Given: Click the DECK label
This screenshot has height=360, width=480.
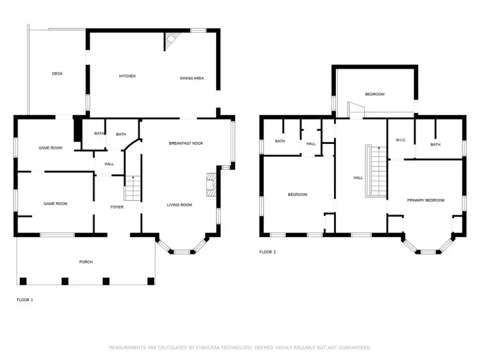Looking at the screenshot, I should tap(58, 73).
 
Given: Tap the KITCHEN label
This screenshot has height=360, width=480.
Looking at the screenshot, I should tap(128, 76).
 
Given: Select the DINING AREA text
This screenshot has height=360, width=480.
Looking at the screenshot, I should tap(192, 78).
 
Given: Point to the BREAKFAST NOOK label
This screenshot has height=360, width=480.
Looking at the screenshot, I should tap(186, 143).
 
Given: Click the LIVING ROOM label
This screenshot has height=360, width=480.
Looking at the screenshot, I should tap(180, 205).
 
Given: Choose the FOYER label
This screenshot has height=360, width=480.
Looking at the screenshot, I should tap(117, 206).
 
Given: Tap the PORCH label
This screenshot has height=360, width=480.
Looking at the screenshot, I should tap(86, 262).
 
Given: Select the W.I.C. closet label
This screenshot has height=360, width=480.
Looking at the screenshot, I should tap(401, 141).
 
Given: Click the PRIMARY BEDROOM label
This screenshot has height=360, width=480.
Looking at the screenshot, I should tap(426, 200).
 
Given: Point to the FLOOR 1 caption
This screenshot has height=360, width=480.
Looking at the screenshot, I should tap(25, 300).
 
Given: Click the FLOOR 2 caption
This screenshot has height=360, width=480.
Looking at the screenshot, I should tap(267, 252).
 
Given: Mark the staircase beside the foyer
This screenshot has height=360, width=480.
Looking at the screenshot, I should tap(132, 188).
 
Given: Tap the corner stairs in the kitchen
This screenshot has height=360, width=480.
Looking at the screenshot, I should tap(170, 42).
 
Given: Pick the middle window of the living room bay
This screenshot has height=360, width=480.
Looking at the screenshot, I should tap(182, 252).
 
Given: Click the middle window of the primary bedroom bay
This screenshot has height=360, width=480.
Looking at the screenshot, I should tap(427, 252).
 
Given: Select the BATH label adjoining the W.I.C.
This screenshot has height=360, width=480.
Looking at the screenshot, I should tap(435, 145).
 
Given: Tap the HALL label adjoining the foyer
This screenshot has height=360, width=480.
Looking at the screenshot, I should tap(109, 164).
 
